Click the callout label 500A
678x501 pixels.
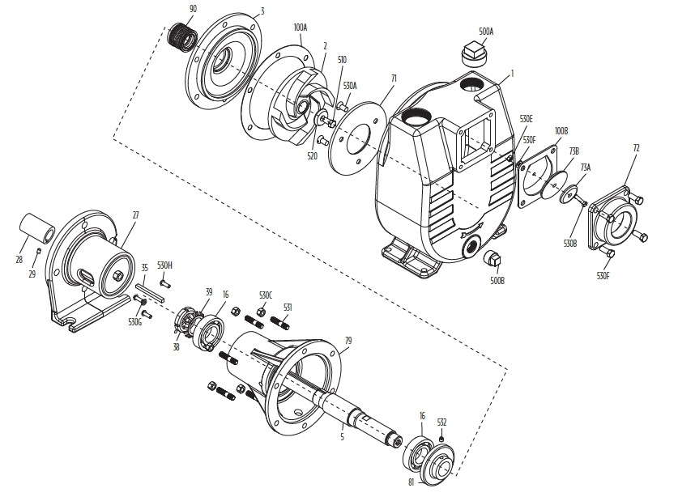click(486, 32)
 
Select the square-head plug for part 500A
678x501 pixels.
click(472, 55)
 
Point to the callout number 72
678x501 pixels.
click(636, 149)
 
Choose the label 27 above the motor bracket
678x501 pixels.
click(135, 215)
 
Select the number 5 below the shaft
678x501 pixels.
click(341, 437)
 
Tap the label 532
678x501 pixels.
click(441, 422)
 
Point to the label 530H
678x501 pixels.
click(165, 265)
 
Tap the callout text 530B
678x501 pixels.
click(570, 243)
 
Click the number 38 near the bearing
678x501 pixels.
click(176, 346)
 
